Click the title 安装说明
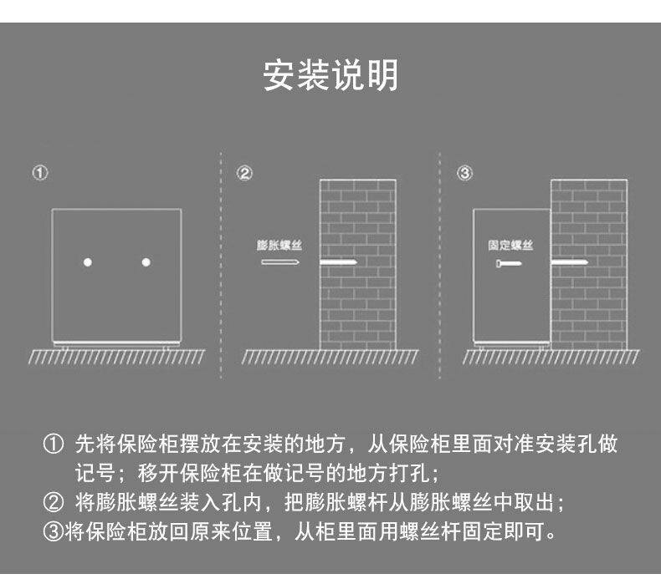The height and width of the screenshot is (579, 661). point(330,75)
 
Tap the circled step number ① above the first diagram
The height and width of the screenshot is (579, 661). point(39,174)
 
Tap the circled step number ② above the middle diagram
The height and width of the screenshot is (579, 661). point(244,174)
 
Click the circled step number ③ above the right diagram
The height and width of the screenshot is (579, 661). point(465,174)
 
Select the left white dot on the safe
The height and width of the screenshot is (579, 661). point(87,262)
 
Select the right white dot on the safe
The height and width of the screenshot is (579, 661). point(146,262)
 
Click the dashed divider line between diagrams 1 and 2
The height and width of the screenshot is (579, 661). point(221,267)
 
